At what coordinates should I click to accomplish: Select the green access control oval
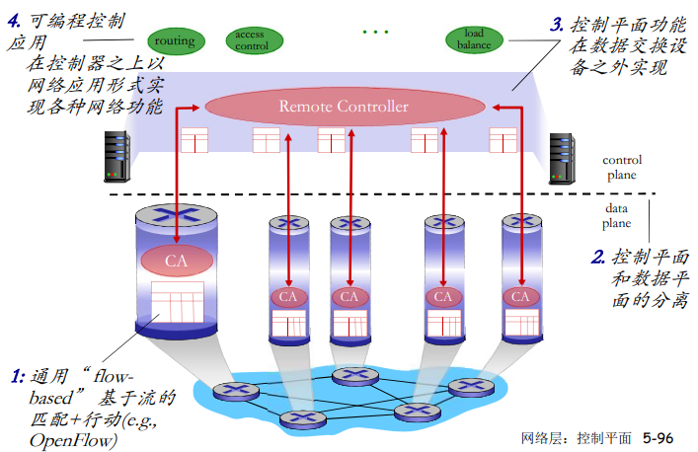(x=251, y=39)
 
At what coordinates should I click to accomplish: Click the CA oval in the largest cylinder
(x=176, y=261)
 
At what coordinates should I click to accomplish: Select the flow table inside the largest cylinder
(x=177, y=303)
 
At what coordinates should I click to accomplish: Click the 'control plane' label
(x=622, y=167)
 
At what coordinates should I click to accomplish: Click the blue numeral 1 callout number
(x=17, y=376)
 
